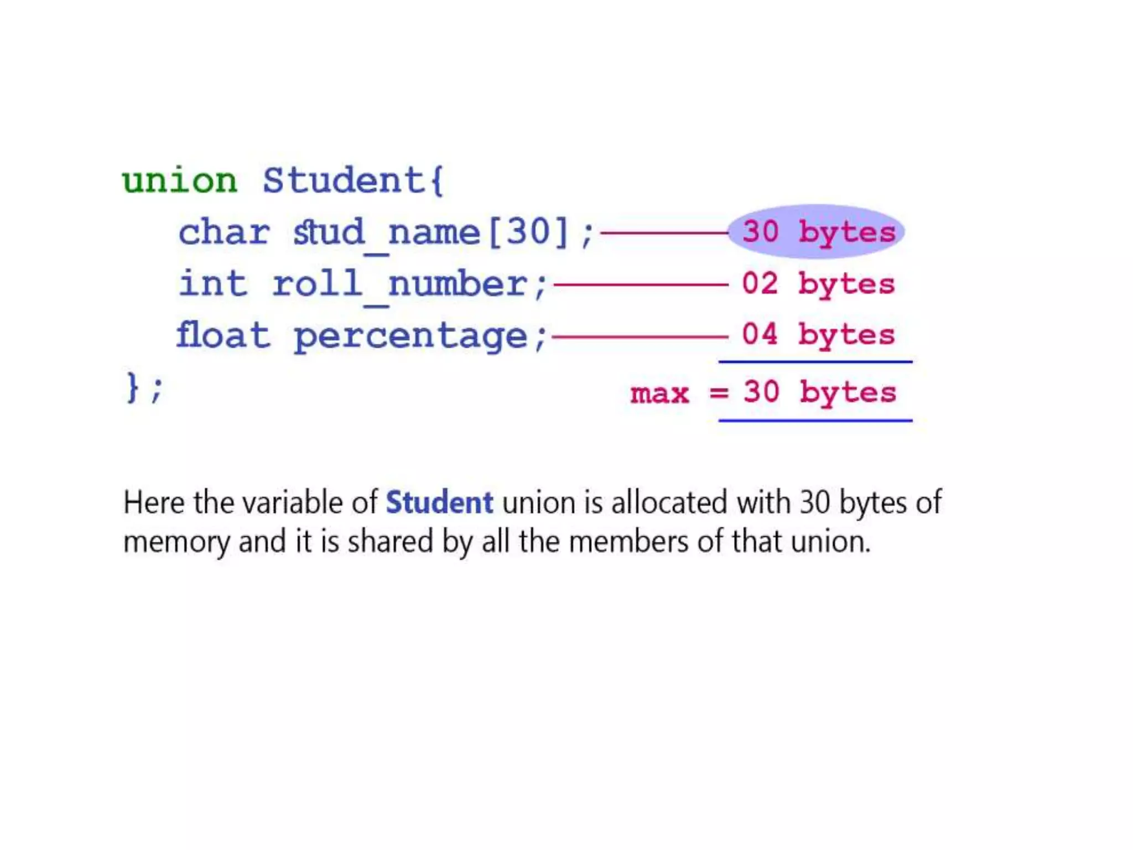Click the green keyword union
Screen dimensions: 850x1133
point(180,181)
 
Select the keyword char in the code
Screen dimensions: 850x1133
point(224,232)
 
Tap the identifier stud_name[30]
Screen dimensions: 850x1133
point(430,232)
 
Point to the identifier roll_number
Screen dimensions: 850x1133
point(399,284)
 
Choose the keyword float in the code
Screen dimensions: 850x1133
point(223,335)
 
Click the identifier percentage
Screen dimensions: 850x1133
point(410,336)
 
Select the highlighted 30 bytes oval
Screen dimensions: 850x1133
point(817,231)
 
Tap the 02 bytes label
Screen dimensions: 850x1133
point(818,284)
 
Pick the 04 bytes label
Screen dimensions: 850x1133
point(818,335)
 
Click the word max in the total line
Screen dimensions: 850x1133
point(659,393)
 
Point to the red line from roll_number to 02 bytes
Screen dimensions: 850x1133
point(641,284)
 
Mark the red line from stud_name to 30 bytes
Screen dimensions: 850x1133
point(664,233)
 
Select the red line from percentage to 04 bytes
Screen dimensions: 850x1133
point(640,336)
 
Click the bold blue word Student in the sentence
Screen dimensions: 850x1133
point(439,502)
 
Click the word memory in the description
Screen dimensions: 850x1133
point(176,542)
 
